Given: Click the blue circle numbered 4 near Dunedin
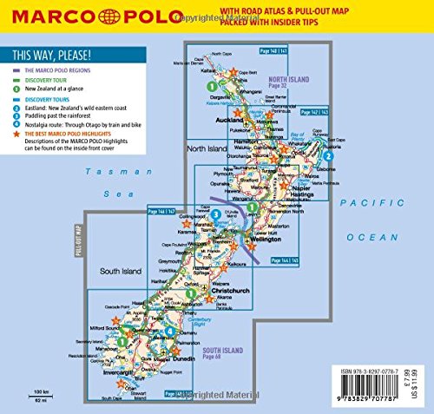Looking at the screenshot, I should pyautogui.click(x=170, y=332).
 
